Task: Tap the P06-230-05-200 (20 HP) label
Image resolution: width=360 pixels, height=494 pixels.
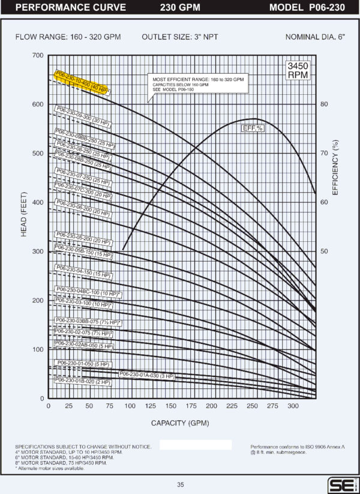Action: [82, 238]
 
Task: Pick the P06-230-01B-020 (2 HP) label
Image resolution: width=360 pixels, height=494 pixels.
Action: [83, 381]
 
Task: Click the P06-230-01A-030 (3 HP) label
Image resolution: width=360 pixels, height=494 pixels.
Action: [147, 375]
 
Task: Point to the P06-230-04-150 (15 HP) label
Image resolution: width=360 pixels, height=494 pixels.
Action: [83, 271]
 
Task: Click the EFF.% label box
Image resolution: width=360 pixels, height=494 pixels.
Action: [253, 129]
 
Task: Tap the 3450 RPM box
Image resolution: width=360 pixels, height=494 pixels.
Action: [298, 70]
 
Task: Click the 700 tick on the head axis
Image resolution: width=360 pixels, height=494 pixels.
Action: [38, 55]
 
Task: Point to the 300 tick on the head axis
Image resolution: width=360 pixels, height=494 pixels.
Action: [38, 252]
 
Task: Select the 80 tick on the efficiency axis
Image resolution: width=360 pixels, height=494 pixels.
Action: [324, 104]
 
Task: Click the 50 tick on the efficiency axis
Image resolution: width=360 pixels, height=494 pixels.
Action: [324, 252]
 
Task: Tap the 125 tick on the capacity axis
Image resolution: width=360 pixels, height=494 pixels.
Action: [150, 406]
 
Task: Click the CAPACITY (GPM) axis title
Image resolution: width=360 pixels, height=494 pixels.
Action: [180, 423]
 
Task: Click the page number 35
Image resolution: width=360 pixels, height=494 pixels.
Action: [180, 484]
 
